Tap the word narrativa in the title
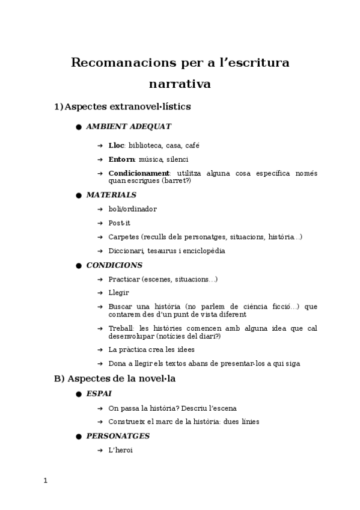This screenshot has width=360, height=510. pos(180,84)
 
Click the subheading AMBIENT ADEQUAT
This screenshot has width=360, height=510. pos(129,126)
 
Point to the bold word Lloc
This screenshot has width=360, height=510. pos(116,146)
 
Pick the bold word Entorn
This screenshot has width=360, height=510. pos(121,159)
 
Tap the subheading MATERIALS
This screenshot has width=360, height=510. pos(111,195)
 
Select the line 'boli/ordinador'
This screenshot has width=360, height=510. pos(132,209)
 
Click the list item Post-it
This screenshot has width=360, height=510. pos(119,223)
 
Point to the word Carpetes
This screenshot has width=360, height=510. pos(124,237)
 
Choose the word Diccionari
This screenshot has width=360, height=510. pos(126,251)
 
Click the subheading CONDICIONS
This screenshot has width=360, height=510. pos(114,265)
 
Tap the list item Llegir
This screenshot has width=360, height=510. pos(118,292)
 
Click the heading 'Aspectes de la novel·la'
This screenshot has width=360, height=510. pos(121,379)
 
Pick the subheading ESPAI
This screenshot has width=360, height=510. pos(99,393)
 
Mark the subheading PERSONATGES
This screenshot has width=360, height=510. pos(118,435)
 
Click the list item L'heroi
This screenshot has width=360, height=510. pos(120,449)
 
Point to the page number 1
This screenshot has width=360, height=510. pos(46,481)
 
